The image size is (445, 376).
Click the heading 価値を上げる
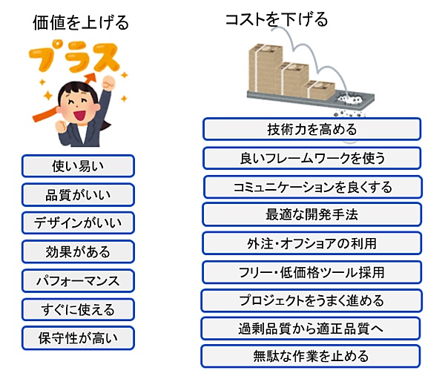(x=81, y=23)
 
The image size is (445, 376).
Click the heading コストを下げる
(x=277, y=19)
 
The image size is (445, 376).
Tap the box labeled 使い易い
(x=78, y=166)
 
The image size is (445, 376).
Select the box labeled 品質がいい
(x=78, y=195)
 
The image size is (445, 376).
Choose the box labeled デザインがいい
(x=78, y=223)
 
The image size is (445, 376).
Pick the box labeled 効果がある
(x=78, y=251)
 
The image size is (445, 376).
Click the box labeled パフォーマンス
(x=78, y=281)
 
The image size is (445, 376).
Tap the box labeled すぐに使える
(x=78, y=309)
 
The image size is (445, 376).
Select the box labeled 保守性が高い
(x=78, y=338)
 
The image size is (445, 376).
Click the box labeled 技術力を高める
(x=312, y=129)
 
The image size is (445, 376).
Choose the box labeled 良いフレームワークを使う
(x=312, y=158)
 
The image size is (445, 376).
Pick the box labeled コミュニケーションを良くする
(x=313, y=187)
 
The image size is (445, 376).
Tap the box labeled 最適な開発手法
(x=312, y=214)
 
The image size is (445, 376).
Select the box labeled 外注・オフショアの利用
(x=312, y=243)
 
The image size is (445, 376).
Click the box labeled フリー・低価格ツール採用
(x=312, y=272)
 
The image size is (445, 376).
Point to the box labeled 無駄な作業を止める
(x=311, y=356)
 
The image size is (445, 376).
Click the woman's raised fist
(x=109, y=83)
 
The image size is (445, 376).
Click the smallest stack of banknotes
(x=318, y=90)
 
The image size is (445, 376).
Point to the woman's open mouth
(x=79, y=115)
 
